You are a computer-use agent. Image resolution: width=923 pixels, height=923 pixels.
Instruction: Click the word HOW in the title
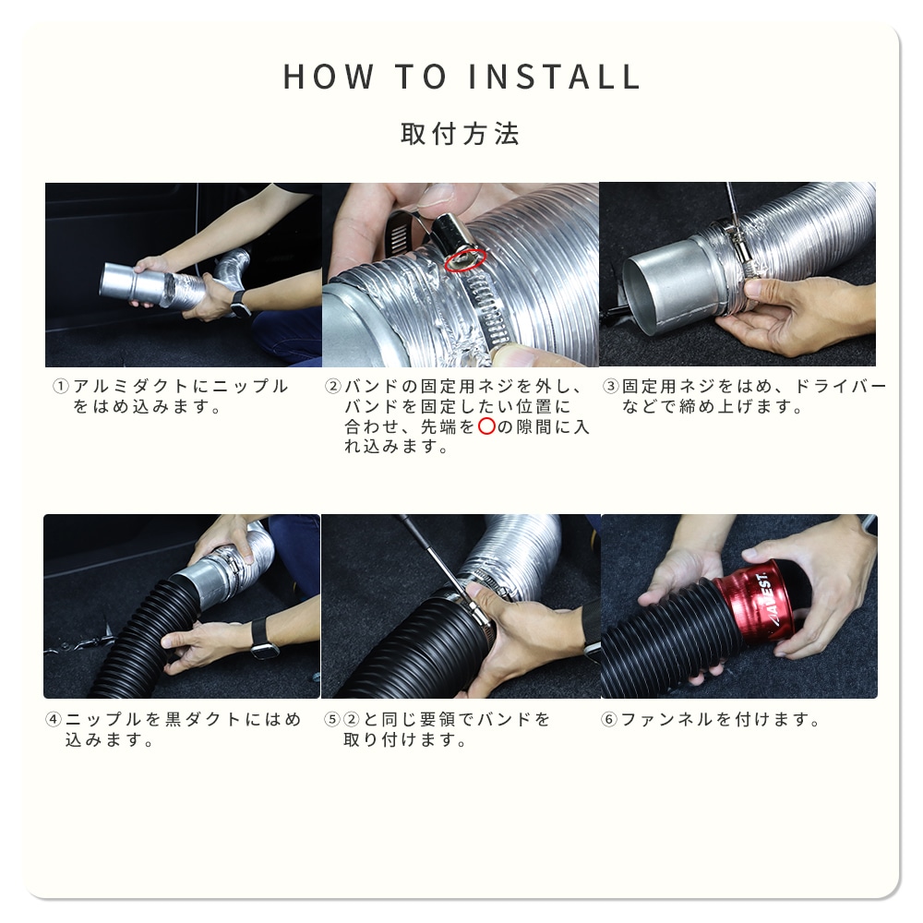(x=328, y=77)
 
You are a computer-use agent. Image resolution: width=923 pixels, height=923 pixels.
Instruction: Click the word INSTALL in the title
(x=554, y=77)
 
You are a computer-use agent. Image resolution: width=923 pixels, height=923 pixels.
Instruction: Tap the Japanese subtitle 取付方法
(x=460, y=134)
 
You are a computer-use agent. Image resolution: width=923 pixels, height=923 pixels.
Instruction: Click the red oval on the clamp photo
(x=465, y=259)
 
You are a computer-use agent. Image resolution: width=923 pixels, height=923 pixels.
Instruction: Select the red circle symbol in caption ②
(x=486, y=426)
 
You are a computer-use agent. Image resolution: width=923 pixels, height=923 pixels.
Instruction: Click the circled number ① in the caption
(x=60, y=386)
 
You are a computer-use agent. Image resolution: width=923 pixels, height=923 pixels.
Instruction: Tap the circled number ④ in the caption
(x=53, y=719)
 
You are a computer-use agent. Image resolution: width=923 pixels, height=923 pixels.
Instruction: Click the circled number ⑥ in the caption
(x=608, y=719)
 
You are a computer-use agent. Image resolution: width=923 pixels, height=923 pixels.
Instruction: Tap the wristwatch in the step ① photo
(x=239, y=303)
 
